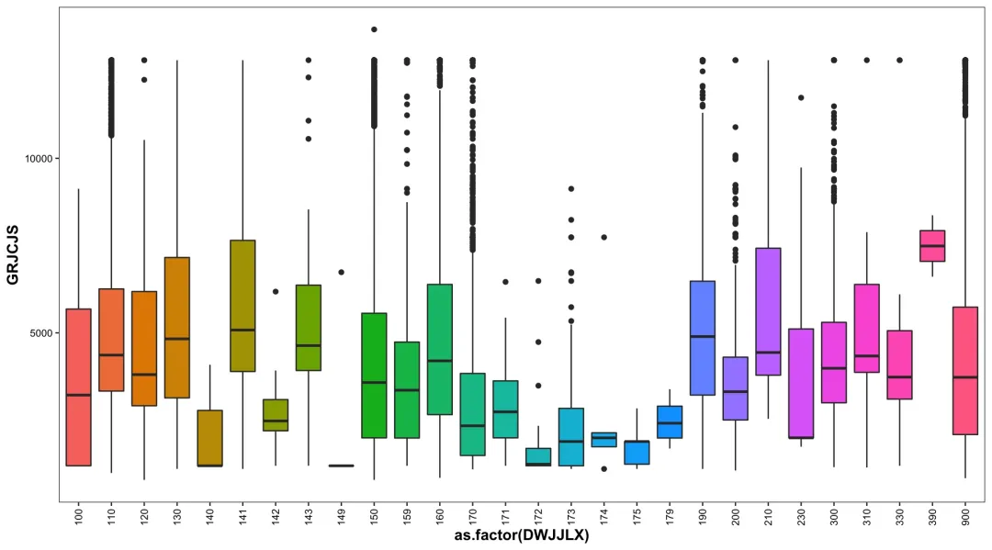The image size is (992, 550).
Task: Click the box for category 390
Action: [x=932, y=246]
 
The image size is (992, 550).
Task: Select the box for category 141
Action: [x=242, y=306]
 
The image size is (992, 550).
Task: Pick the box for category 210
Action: [x=768, y=311]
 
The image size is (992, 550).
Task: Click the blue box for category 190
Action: [x=702, y=338]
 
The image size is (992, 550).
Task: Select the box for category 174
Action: [x=603, y=439]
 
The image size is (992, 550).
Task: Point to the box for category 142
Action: [x=276, y=415]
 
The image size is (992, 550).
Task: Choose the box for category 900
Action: [x=965, y=371]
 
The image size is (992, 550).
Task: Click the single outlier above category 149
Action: [x=342, y=272]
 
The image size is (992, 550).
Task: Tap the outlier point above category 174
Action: [x=603, y=237]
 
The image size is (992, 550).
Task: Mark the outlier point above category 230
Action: [x=801, y=97]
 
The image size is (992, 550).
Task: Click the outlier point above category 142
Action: [x=276, y=291]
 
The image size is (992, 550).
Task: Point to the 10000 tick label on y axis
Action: [x=38, y=158]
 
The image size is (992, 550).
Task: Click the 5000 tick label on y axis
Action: [x=40, y=332]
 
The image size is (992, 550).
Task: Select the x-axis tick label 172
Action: [x=538, y=517]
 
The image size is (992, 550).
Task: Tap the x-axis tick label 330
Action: [x=900, y=517]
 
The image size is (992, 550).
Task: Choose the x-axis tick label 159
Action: [x=407, y=517]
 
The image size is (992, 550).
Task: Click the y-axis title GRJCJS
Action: [x=13, y=254]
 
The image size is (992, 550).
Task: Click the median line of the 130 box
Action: [x=177, y=339]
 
